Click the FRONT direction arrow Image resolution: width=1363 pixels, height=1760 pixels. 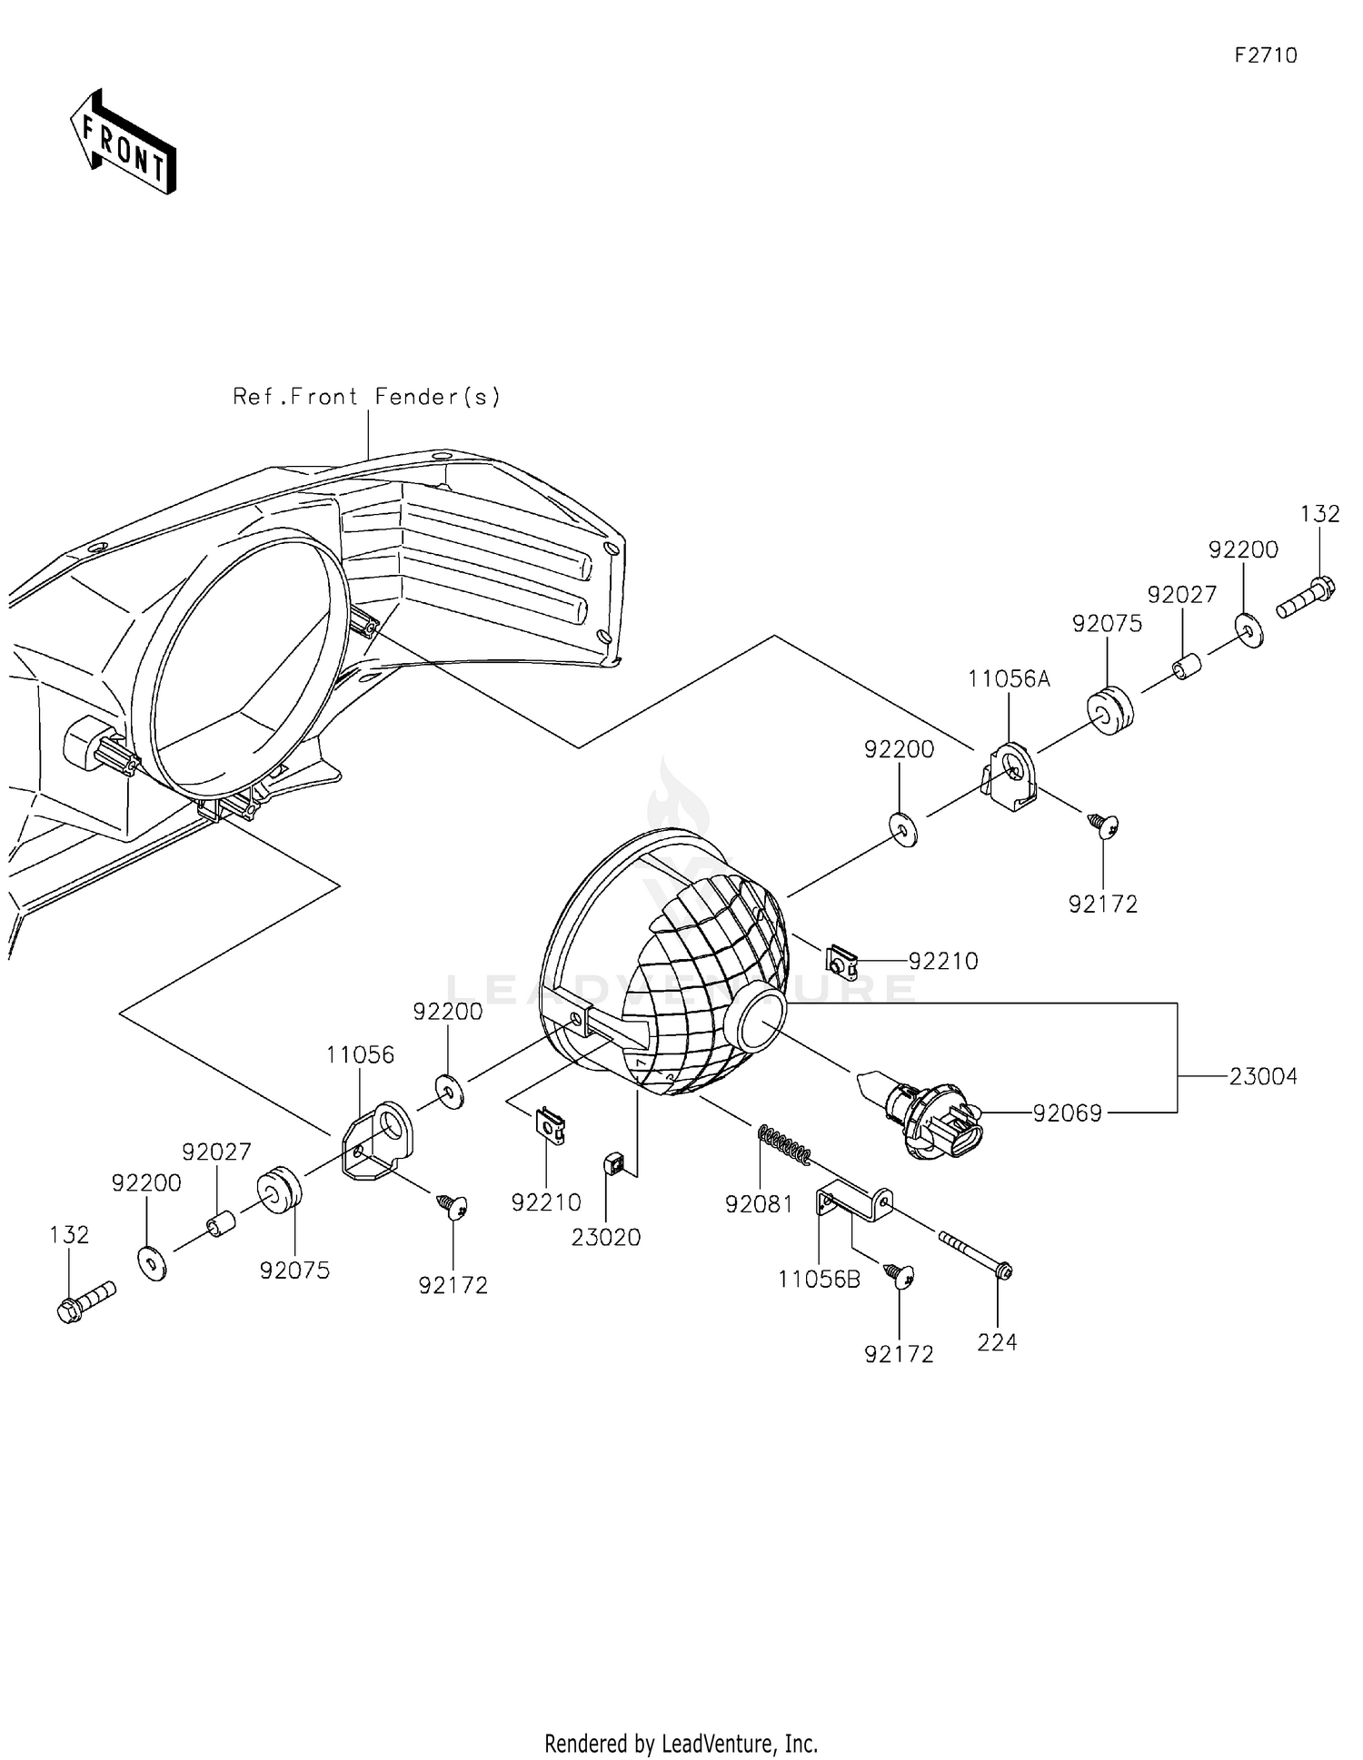(x=123, y=143)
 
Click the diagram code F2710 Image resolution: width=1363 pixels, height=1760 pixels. (x=1265, y=55)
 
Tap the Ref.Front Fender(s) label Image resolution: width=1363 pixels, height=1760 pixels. (x=366, y=397)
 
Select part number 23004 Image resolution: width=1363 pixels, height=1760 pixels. (x=1263, y=1077)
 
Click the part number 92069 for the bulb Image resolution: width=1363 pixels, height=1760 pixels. (x=1067, y=1113)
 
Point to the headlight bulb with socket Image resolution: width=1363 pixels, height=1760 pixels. (x=927, y=1112)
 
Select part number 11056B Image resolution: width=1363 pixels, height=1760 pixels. (x=819, y=1280)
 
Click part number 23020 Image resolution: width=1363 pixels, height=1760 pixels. (x=606, y=1237)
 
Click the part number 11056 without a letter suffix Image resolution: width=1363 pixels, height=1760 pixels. (x=361, y=1055)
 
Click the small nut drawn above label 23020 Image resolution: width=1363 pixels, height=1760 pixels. (x=614, y=1162)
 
